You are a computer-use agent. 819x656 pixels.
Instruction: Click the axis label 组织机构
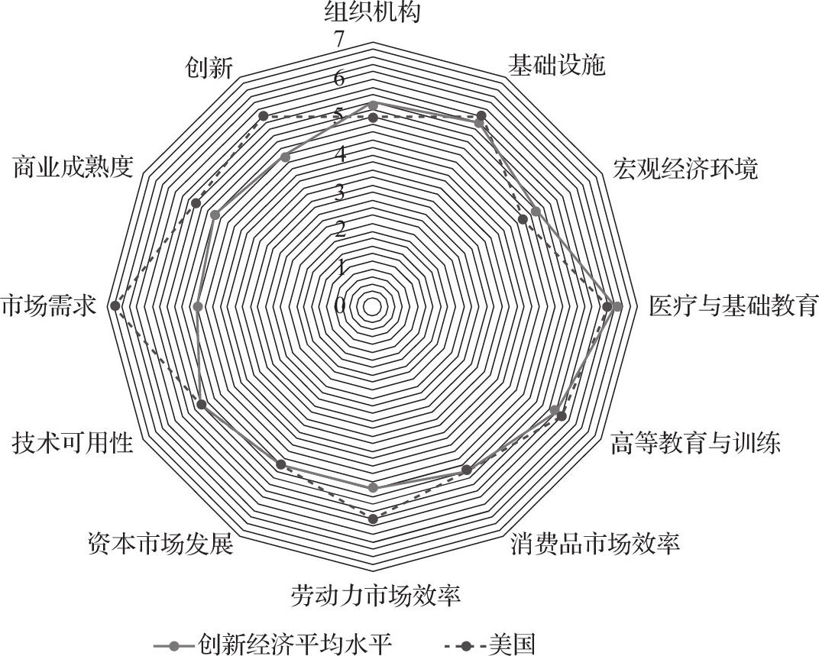point(372,11)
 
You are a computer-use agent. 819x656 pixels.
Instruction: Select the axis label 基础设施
point(557,66)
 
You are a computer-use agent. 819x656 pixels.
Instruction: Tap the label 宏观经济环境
point(685,169)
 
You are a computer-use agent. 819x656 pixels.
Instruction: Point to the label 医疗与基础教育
point(733,306)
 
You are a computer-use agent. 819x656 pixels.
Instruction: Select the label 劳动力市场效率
point(376,596)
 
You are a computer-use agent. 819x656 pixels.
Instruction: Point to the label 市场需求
point(49,306)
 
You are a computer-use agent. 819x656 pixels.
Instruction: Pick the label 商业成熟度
point(73,167)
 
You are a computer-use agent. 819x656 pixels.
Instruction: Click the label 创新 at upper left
point(209,68)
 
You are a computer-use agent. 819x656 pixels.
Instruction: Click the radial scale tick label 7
point(340,40)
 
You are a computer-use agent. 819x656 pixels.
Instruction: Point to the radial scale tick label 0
point(340,306)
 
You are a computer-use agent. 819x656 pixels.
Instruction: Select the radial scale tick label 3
point(340,193)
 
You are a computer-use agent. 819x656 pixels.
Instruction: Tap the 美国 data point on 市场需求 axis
point(115,305)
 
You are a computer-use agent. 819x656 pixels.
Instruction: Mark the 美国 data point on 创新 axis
point(264,116)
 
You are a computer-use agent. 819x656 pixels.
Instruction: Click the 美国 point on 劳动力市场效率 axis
point(373,519)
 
